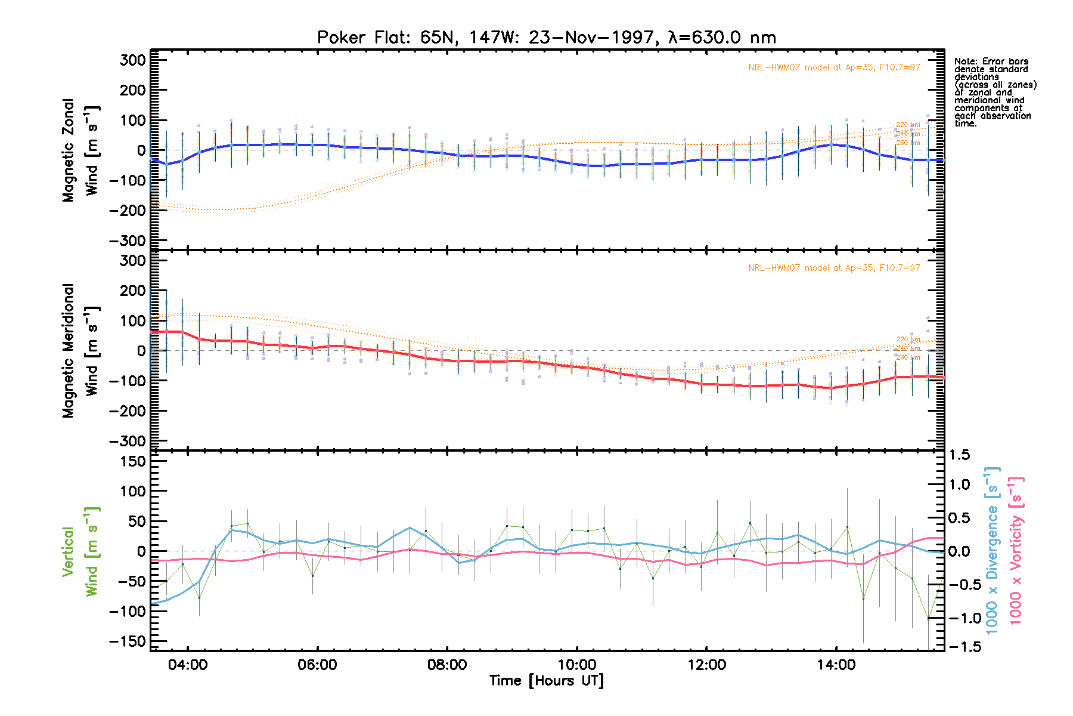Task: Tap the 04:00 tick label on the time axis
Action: click(188, 665)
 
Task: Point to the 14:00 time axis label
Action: click(836, 665)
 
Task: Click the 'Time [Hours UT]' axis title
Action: click(547, 681)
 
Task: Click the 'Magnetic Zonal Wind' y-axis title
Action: click(80, 150)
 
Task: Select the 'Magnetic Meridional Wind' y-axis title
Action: click(80, 351)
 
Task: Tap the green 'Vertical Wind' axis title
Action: click(80, 551)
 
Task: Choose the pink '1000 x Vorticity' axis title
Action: click(1016, 550)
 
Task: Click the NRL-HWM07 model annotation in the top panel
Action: click(834, 67)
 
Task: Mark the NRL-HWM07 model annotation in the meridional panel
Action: click(834, 268)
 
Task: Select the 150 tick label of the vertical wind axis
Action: click(129, 461)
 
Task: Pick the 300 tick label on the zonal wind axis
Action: click(132, 60)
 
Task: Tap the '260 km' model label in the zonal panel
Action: click(908, 143)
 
